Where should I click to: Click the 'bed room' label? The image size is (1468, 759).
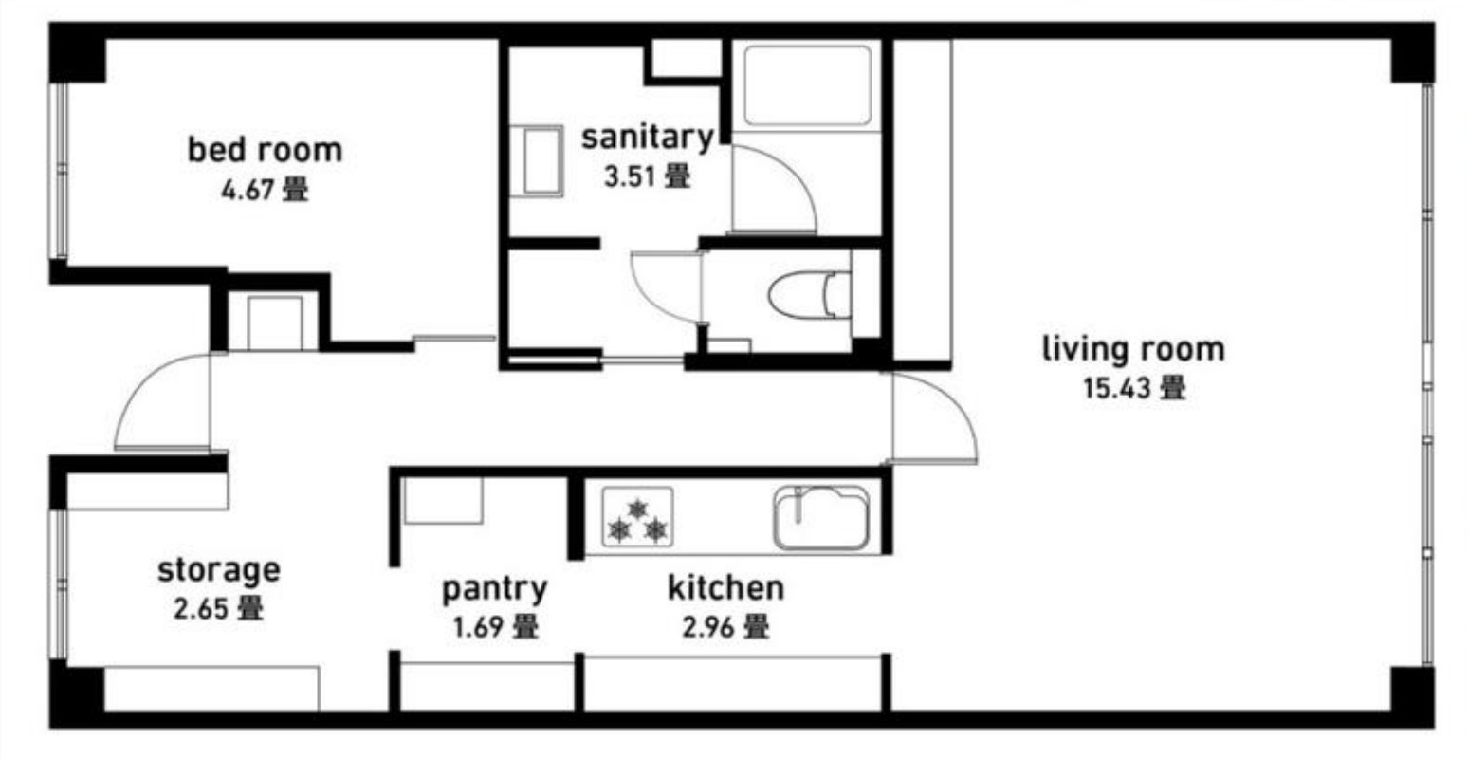(265, 150)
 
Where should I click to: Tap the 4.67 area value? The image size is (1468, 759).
(247, 191)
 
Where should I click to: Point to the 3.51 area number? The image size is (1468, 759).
(629, 177)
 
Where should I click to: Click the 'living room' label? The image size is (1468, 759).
(1133, 349)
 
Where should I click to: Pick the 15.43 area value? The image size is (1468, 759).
(1117, 389)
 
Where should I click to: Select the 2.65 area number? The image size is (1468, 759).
(200, 609)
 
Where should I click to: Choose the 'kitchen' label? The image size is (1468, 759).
(725, 588)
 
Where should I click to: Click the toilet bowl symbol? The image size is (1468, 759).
(810, 295)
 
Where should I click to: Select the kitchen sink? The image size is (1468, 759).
(822, 518)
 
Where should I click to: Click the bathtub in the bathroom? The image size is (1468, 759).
(807, 85)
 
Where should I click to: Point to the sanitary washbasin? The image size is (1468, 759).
(537, 161)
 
